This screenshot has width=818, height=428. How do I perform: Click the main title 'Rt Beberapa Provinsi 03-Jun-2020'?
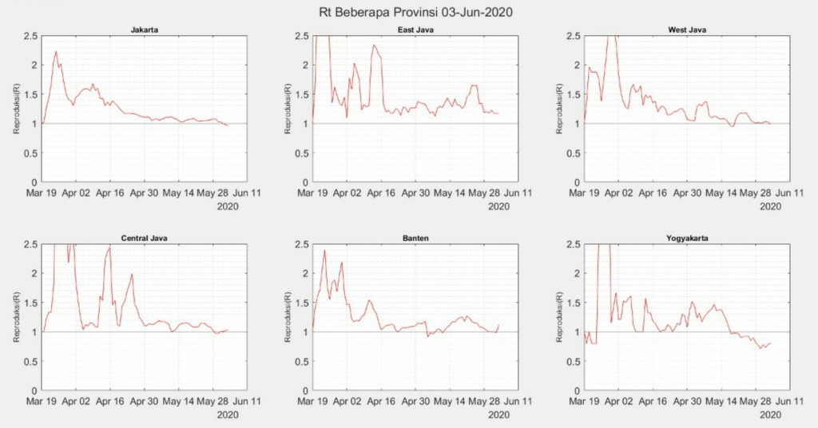click(x=409, y=12)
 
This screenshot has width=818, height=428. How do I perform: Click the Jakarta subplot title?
click(x=144, y=30)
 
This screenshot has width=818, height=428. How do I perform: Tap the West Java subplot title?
click(x=687, y=30)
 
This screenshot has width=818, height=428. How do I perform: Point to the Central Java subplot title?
click(x=144, y=238)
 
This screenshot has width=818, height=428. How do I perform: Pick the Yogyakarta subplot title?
click(x=687, y=238)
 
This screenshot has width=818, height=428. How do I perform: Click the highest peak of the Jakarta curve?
click(x=56, y=52)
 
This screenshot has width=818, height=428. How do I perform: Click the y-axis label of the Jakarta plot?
click(x=17, y=109)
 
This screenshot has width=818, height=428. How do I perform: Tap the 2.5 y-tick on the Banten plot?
click(x=303, y=244)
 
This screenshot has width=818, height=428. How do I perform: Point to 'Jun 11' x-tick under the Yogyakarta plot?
click(x=788, y=401)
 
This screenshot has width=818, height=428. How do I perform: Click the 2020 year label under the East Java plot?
click(x=499, y=206)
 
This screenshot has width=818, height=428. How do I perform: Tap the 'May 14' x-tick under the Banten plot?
click(x=447, y=401)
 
